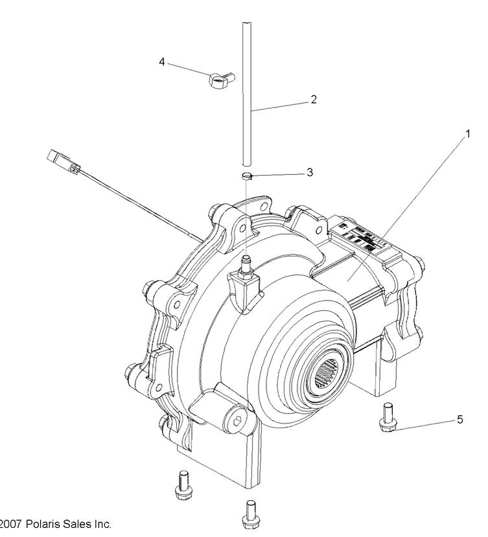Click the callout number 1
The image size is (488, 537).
[465, 135]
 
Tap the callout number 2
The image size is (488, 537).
[313, 100]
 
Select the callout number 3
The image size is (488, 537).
[310, 173]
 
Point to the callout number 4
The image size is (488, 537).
[162, 62]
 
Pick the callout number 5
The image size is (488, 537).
[459, 419]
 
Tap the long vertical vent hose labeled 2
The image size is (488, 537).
[246, 97]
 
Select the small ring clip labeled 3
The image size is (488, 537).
[247, 176]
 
